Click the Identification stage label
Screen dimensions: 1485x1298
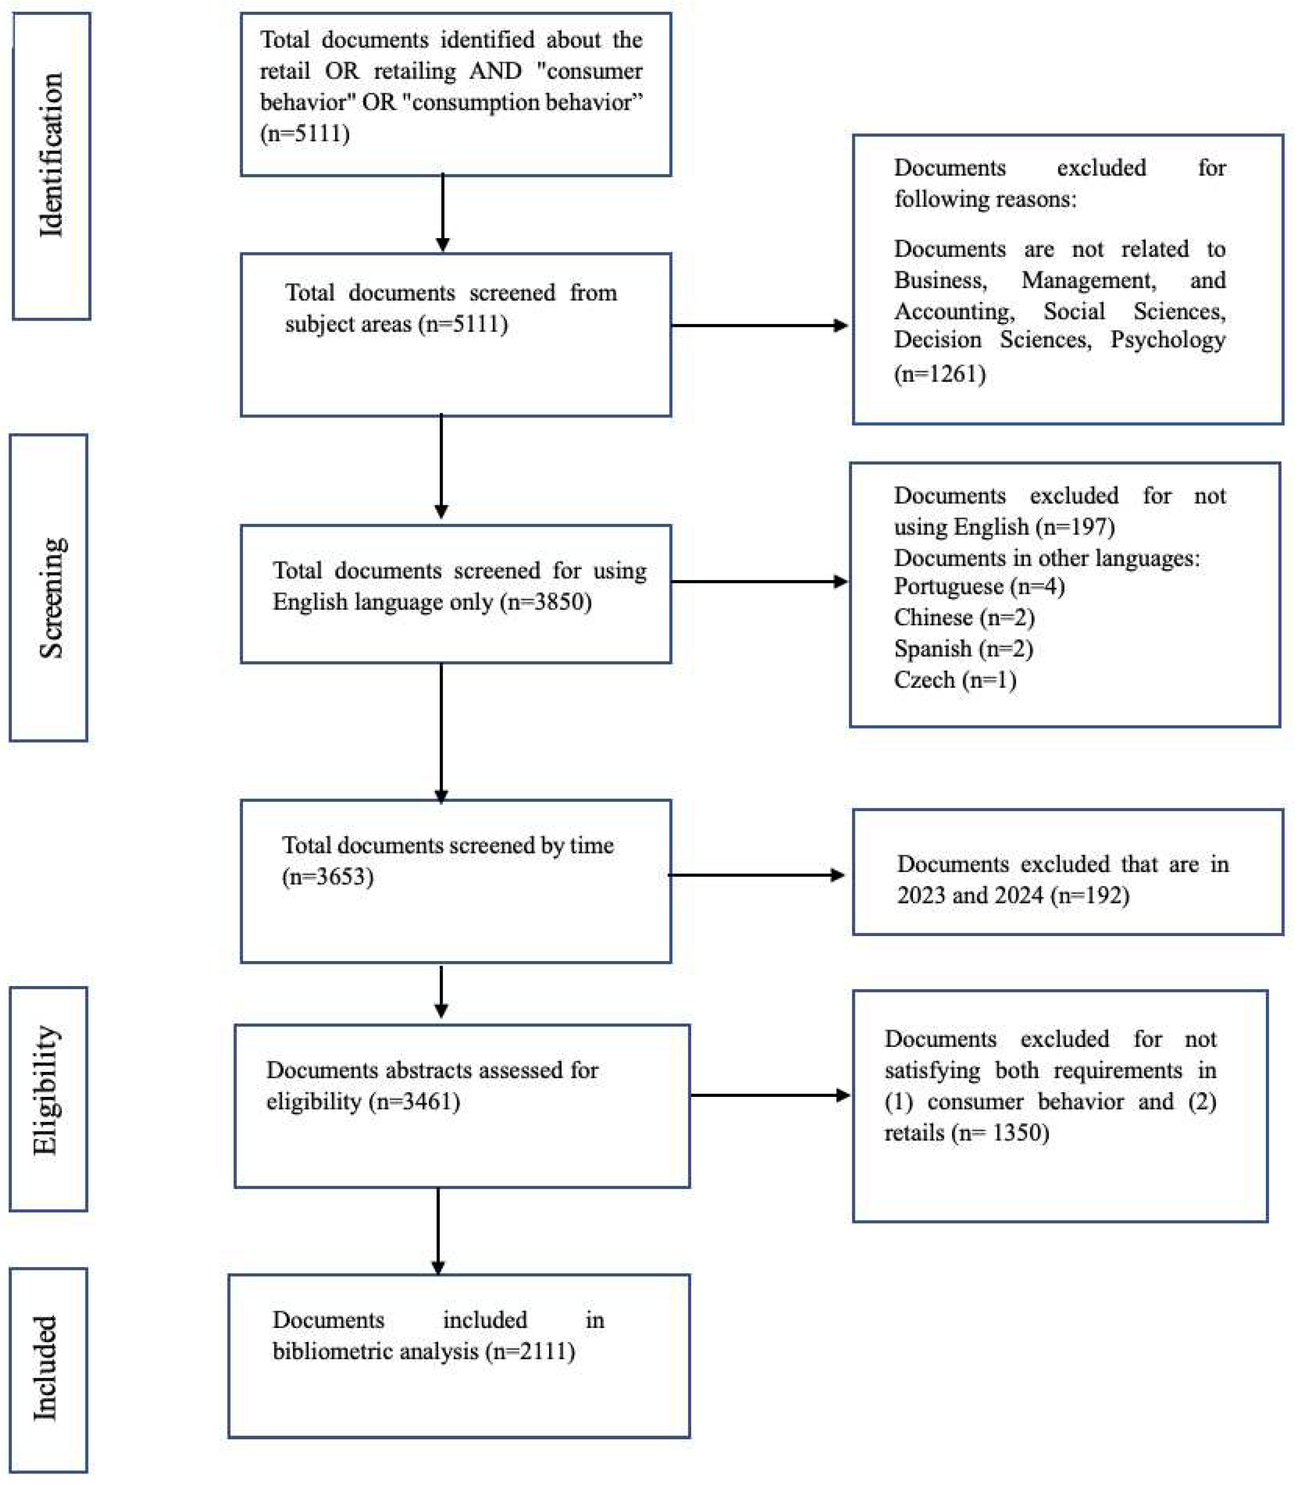(50, 155)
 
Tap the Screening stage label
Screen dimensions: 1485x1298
(50, 598)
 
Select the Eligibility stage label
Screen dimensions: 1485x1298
(46, 1090)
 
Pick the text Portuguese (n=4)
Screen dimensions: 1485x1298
(979, 586)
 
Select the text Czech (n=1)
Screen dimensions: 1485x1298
(955, 680)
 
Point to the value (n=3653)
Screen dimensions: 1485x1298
(327, 877)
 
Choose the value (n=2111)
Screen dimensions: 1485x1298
(530, 1351)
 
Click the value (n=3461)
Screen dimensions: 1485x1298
(414, 1101)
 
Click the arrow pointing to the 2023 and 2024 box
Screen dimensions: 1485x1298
(757, 875)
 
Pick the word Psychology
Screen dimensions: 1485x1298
(1168, 340)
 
